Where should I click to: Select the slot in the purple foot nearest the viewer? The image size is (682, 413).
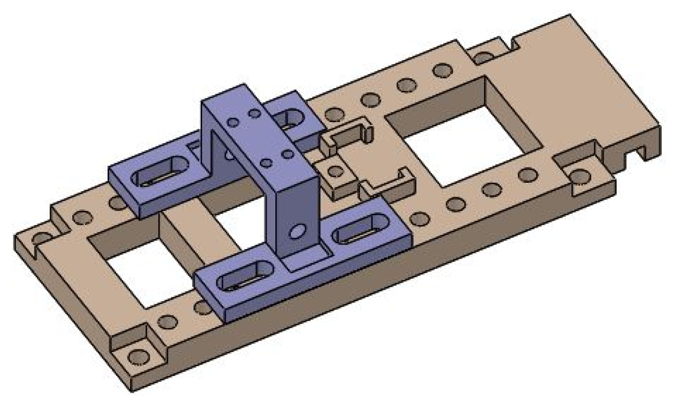pyautogui.click(x=246, y=277)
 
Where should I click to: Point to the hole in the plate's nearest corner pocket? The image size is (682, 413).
pyautogui.click(x=138, y=357)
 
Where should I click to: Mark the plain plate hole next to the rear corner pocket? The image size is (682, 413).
pyautogui.click(x=443, y=70)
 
